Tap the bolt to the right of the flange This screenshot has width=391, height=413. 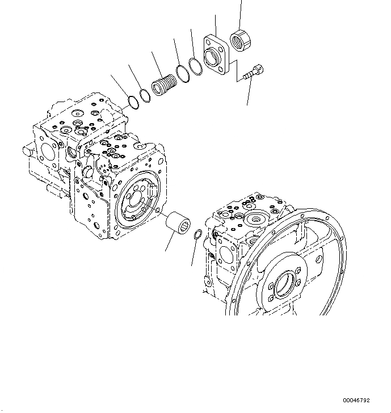pos(252,73)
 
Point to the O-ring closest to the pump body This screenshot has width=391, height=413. pos(132,102)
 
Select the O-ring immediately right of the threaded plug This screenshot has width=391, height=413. pos(183,72)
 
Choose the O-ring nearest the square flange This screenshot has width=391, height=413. pos(195,66)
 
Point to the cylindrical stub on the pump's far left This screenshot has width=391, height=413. pos(27,151)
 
